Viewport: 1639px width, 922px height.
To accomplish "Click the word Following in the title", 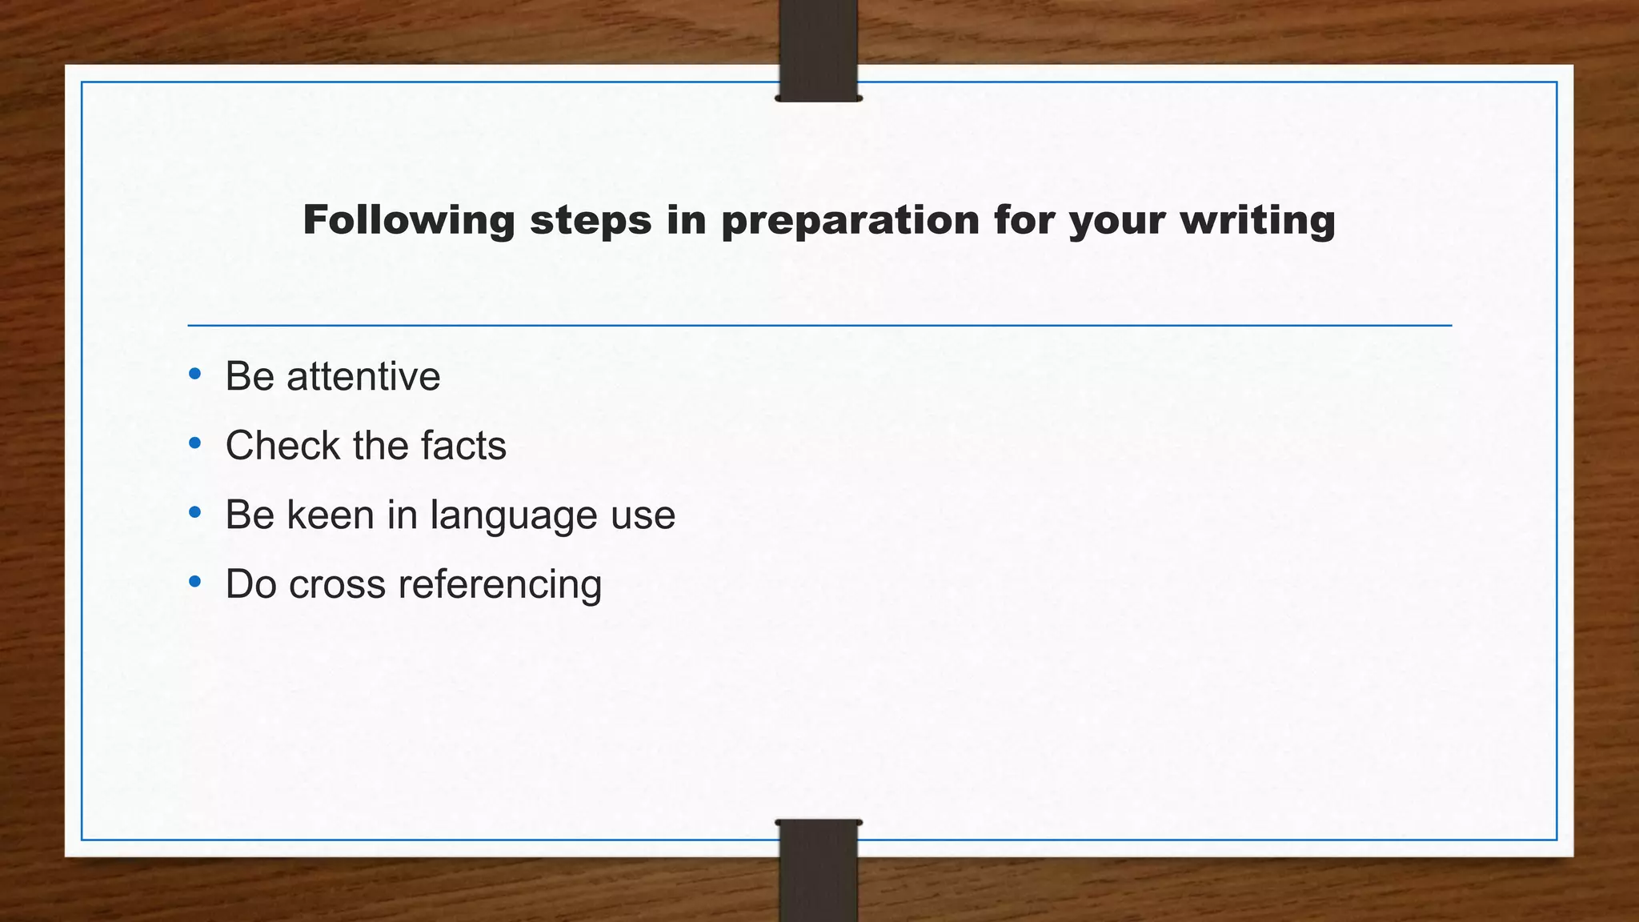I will click(x=408, y=220).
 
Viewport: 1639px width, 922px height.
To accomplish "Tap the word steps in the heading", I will click(x=591, y=220).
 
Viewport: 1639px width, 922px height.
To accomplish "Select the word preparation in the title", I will click(x=850, y=220).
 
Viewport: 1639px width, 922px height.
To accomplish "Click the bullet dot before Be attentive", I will click(x=194, y=374).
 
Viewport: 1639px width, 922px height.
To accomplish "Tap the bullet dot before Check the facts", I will click(x=194, y=443).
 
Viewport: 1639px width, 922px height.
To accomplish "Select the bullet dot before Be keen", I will click(x=194, y=512).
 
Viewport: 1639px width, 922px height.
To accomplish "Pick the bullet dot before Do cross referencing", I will click(x=194, y=582).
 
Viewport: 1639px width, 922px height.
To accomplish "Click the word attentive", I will click(x=363, y=376).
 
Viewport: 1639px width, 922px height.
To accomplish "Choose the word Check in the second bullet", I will click(x=283, y=445).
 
